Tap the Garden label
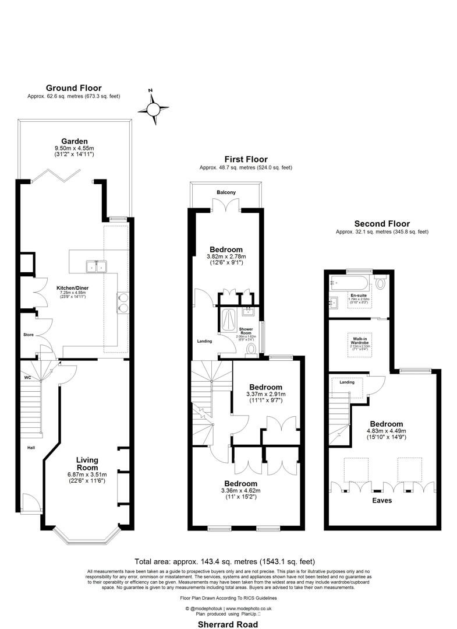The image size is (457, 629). point(75,141)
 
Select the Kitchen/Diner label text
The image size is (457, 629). point(72,288)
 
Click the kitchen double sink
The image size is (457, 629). point(97,267)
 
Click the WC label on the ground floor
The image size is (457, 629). point(27,377)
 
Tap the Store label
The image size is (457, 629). point(29,335)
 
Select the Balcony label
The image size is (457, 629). point(226,192)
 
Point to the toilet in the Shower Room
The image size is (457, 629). point(251,348)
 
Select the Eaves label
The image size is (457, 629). point(382,500)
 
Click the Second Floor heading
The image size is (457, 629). point(382,224)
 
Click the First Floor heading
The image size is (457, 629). point(246,159)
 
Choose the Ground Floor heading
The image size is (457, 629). point(73,88)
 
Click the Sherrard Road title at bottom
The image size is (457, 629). point(228,621)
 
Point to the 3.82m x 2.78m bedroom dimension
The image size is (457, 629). point(226,256)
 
